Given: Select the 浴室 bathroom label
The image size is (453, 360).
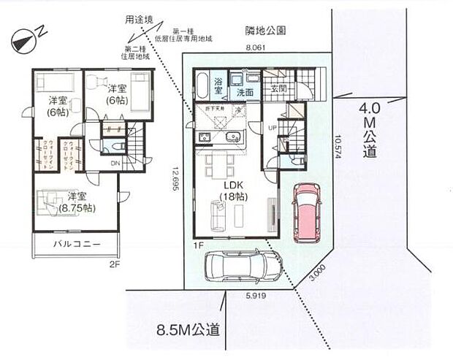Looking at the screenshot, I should point(218,88).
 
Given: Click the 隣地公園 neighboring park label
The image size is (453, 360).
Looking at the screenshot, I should point(264,30).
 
